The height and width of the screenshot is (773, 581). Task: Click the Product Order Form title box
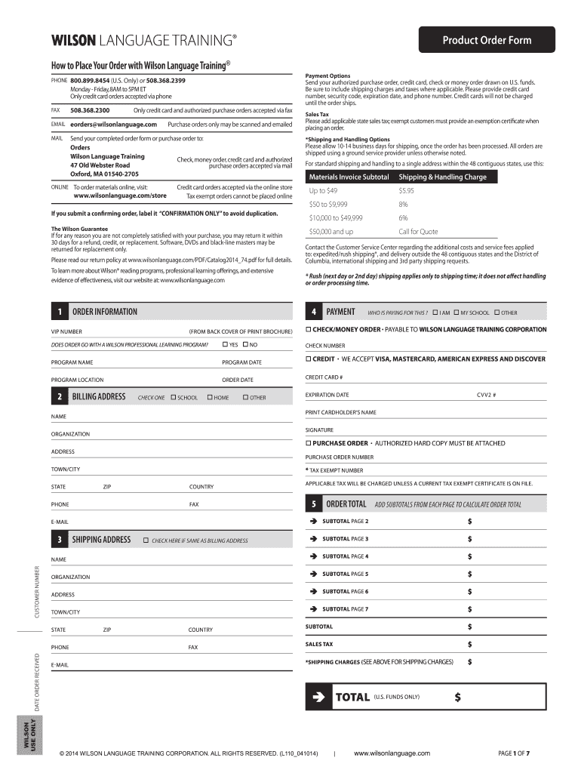pos(486,40)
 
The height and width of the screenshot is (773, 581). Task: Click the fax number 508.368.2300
pos(90,110)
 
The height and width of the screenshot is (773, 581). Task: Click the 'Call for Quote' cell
pos(418,232)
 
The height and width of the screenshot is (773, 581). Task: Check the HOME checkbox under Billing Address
pos(209,397)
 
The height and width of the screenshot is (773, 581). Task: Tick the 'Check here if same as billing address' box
pos(146,540)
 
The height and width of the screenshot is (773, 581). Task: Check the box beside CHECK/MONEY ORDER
pos(308,330)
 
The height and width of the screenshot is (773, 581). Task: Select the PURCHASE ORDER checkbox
pos(308,443)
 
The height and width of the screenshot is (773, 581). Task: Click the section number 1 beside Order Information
pos(58,312)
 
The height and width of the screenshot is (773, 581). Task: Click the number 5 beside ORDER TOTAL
pos(313,504)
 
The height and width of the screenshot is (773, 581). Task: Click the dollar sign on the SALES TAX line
pos(470,645)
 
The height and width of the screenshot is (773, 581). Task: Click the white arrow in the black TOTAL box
pos(318,697)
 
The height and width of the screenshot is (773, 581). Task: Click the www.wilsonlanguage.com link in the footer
pos(392,753)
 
